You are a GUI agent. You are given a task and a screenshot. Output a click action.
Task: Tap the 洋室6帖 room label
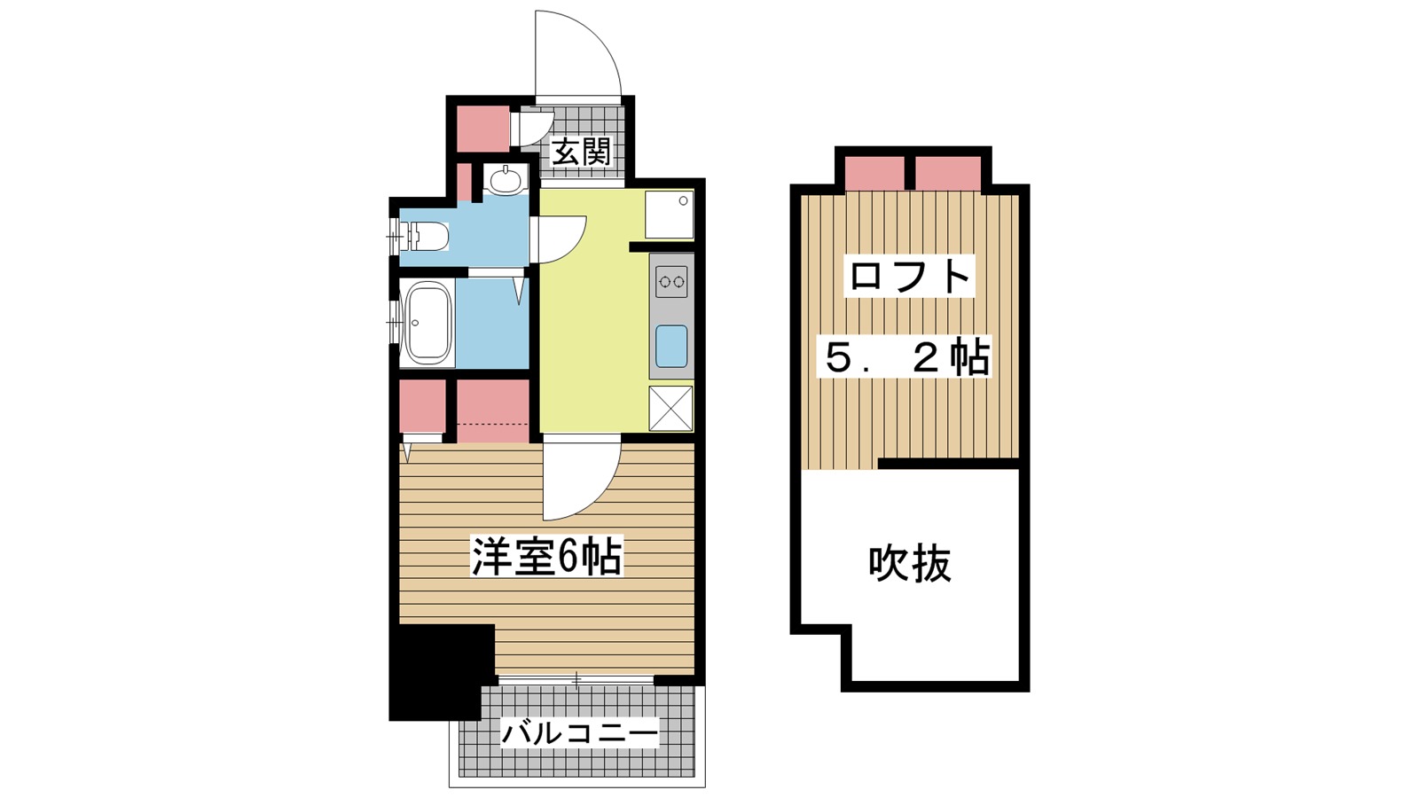[546, 557]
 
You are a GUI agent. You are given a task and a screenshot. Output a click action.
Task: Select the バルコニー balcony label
[580, 733]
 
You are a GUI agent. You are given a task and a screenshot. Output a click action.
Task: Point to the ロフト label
[910, 276]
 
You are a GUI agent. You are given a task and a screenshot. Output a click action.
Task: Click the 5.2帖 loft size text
[906, 357]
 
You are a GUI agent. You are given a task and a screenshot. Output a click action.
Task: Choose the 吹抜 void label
[910, 563]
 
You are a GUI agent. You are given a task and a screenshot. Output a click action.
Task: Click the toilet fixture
[427, 237]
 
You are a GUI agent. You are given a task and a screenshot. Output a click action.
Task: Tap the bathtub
[427, 323]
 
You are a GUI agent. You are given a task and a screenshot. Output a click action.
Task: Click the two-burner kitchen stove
[671, 282]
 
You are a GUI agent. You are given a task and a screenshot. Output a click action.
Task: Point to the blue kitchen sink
[671, 346]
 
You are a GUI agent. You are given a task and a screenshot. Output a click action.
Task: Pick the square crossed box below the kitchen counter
[670, 408]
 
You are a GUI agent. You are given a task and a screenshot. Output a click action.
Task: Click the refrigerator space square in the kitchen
[669, 214]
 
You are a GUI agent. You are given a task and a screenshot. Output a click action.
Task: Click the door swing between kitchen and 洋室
[576, 479]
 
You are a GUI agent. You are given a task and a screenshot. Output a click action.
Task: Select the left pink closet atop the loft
[874, 173]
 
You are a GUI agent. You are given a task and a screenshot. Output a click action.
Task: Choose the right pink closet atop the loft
[948, 173]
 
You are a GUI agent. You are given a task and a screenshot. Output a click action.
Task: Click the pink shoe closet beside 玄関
[482, 129]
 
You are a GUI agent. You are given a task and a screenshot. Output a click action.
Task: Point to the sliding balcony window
[576, 680]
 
